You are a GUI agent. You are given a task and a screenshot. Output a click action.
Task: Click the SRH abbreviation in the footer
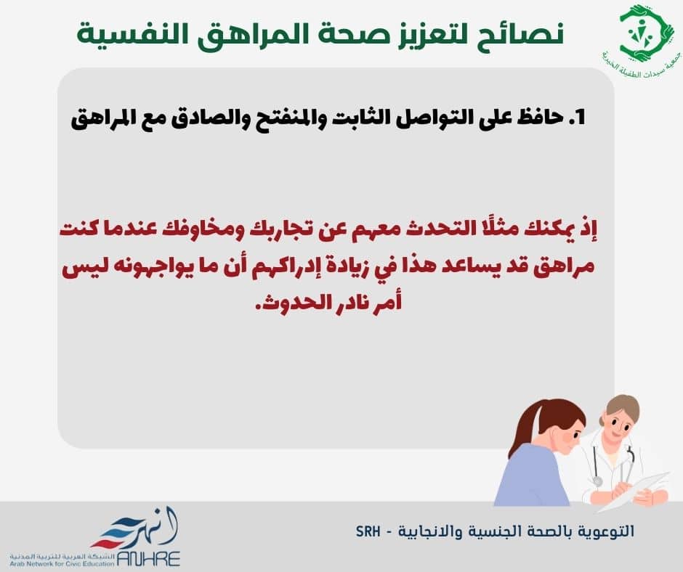pos(368,531)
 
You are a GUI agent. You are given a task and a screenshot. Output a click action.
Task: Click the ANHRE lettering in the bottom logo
pos(148,558)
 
